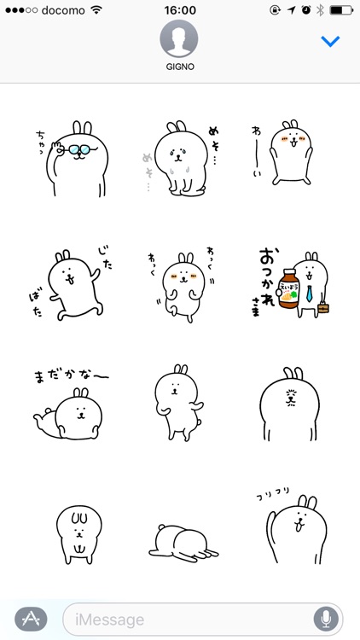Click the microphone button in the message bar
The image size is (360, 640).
click(325, 619)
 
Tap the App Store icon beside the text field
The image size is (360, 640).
click(31, 619)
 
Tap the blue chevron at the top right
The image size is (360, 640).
click(329, 41)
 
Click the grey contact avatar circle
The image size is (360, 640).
click(179, 38)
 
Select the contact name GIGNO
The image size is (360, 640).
click(179, 67)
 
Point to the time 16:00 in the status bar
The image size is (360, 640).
click(179, 10)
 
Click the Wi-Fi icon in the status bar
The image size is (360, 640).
click(96, 10)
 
